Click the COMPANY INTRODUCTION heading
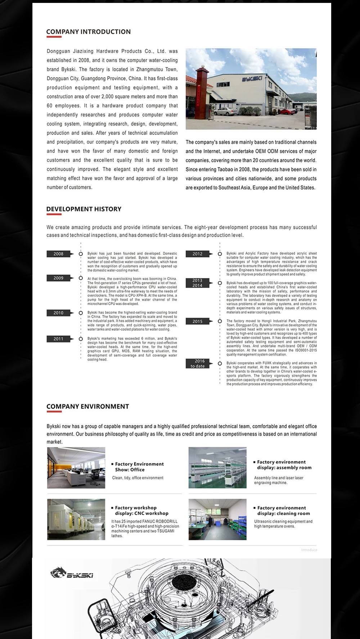coord(89,32)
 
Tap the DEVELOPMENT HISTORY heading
coord(84,209)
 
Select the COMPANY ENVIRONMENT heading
coord(87,407)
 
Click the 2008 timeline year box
coord(58,254)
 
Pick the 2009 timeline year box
coord(58,278)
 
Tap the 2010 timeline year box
coord(58,313)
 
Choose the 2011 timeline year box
coord(58,339)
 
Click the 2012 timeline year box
coord(197,254)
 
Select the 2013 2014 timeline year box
coord(197,283)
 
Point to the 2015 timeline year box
coord(197,321)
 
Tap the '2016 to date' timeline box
coord(197,363)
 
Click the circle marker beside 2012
coord(220,254)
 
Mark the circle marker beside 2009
coord(81,278)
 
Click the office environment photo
coord(76,468)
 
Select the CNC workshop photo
coord(76,519)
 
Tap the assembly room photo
coord(217,468)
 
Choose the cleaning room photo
coord(217,519)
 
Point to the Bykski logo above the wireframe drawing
coord(72,573)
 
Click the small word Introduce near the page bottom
coord(309,550)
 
